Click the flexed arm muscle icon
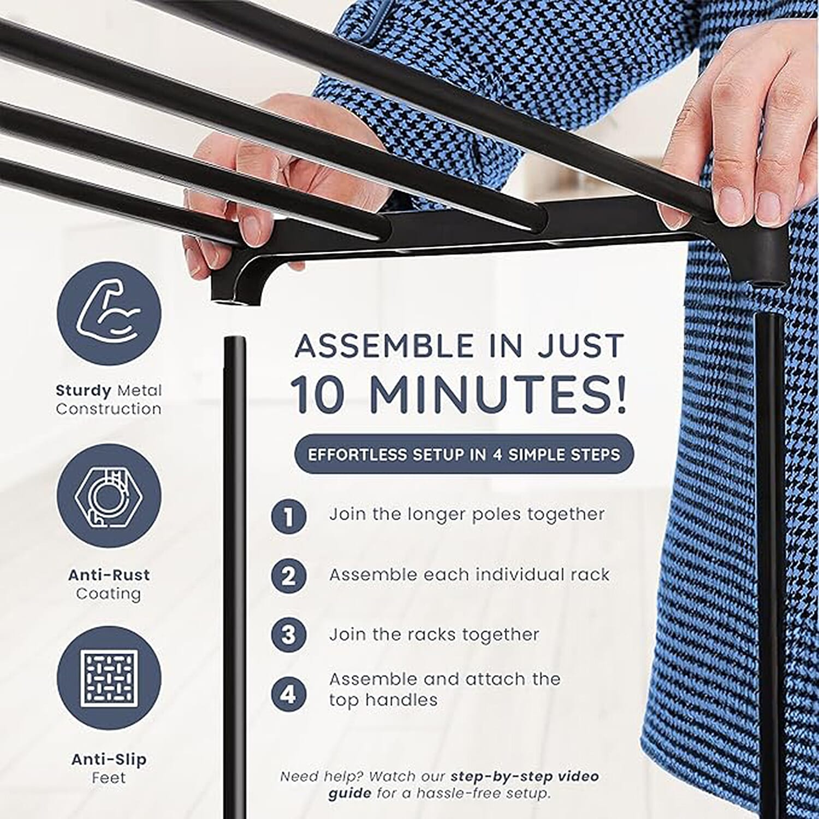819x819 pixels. pyautogui.click(x=109, y=314)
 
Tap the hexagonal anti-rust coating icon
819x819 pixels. pyautogui.click(x=109, y=497)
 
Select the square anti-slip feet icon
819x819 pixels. pyautogui.click(x=109, y=678)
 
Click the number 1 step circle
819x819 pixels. pyautogui.click(x=289, y=516)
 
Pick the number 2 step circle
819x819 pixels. pyautogui.click(x=289, y=575)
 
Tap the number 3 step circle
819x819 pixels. pyautogui.click(x=289, y=634)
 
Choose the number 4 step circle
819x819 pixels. pyautogui.click(x=289, y=694)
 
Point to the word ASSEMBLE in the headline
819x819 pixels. pyautogui.click(x=384, y=346)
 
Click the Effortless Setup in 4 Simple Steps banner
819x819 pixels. pyautogui.click(x=464, y=454)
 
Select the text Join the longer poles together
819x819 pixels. pyautogui.click(x=467, y=514)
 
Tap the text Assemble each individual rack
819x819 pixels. pyautogui.click(x=469, y=574)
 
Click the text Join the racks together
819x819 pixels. pyautogui.click(x=434, y=634)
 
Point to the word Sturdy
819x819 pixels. pyautogui.click(x=84, y=391)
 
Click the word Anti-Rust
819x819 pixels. pyautogui.click(x=109, y=575)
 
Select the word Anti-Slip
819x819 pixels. pyautogui.click(x=109, y=759)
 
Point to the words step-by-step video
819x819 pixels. pyautogui.click(x=525, y=776)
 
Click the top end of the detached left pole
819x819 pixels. pyautogui.click(x=235, y=340)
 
